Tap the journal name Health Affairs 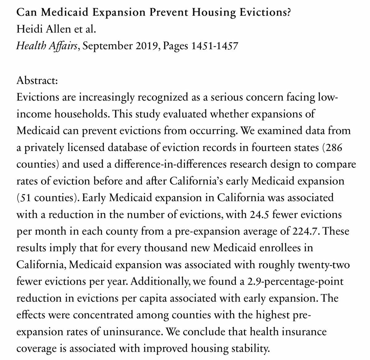point(47,46)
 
